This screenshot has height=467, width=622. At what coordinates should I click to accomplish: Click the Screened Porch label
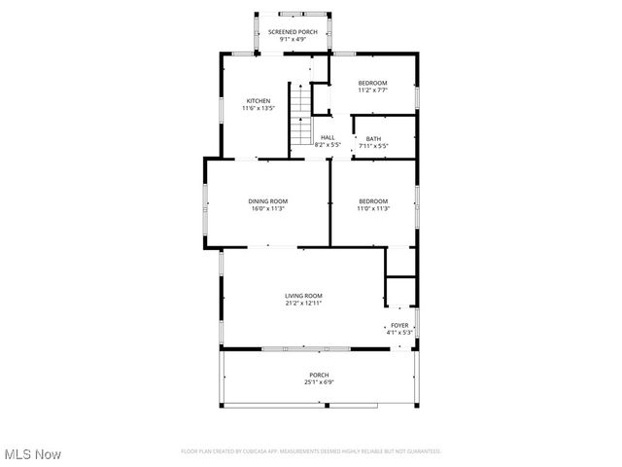(292, 31)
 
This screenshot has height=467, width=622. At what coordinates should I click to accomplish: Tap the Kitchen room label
(258, 101)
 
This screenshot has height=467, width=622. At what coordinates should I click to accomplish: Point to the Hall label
(328, 137)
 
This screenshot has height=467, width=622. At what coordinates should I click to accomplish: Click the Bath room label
(373, 138)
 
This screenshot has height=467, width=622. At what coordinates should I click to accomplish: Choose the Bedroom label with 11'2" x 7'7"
(373, 83)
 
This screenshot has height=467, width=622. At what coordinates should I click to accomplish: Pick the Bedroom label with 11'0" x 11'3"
(373, 201)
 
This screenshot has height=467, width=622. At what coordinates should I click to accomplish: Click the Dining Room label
(267, 201)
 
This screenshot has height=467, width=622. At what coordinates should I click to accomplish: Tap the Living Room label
(303, 296)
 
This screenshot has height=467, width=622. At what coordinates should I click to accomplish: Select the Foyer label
(400, 325)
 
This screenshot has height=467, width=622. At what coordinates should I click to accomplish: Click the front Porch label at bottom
(319, 375)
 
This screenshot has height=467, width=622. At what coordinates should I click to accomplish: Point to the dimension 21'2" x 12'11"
(303, 304)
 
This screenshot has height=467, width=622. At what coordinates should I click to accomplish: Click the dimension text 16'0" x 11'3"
(267, 209)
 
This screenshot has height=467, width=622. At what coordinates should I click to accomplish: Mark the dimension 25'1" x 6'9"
(319, 382)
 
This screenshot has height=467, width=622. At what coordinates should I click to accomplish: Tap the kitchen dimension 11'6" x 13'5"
(258, 109)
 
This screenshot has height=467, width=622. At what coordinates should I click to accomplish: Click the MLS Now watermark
(32, 454)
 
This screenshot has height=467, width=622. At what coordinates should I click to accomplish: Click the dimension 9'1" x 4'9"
(292, 39)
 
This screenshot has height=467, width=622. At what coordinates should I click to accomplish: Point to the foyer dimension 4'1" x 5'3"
(400, 333)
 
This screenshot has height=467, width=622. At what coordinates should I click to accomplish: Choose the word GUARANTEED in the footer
(420, 451)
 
